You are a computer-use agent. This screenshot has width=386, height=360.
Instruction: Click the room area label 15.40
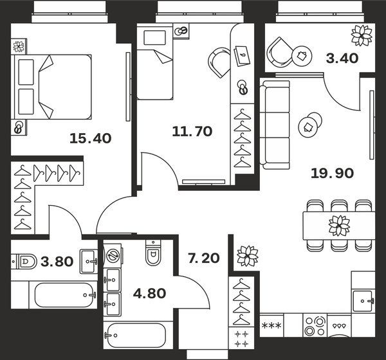click(90, 138)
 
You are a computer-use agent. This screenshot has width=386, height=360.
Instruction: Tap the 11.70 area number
click(192, 132)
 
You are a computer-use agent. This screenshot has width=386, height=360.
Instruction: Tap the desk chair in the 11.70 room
click(219, 62)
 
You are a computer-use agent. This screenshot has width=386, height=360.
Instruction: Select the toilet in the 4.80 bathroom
click(153, 255)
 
